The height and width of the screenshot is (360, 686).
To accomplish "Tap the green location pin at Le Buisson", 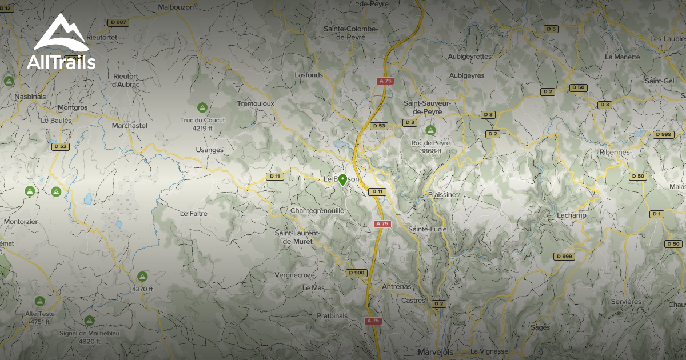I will pyautogui.click(x=342, y=180).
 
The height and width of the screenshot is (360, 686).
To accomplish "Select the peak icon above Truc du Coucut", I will pyautogui.click(x=202, y=107).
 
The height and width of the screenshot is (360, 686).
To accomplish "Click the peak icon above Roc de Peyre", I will pyautogui.click(x=430, y=130).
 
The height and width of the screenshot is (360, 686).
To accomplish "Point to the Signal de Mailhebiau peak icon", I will pyautogui.click(x=89, y=321).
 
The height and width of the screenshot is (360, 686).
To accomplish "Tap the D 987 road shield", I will pyautogui.click(x=118, y=22).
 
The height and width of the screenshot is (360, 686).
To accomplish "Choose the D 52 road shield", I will pyautogui.click(x=60, y=146).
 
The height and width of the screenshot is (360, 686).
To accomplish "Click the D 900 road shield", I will pyautogui.click(x=356, y=273).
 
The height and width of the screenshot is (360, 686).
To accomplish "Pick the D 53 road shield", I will pyautogui.click(x=378, y=126).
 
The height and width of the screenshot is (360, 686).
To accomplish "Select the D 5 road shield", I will pyautogui.click(x=551, y=29).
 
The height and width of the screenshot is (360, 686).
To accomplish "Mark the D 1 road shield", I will pyautogui.click(x=657, y=214).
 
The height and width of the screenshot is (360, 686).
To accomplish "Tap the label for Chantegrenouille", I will pyautogui.click(x=317, y=211).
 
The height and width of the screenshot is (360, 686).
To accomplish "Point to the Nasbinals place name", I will pyautogui.click(x=30, y=97).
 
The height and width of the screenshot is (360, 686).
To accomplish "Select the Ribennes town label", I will pyautogui.click(x=615, y=153).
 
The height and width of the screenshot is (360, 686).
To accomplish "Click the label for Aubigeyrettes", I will pyautogui.click(x=470, y=57).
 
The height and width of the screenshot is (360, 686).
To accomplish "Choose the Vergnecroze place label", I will pyautogui.click(x=294, y=275).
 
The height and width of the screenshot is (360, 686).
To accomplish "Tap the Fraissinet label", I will pyautogui.click(x=443, y=195).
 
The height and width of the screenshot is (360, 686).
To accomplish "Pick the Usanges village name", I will pyautogui.click(x=209, y=150).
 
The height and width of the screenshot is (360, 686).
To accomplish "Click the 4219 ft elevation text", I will pyautogui.click(x=202, y=128).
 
